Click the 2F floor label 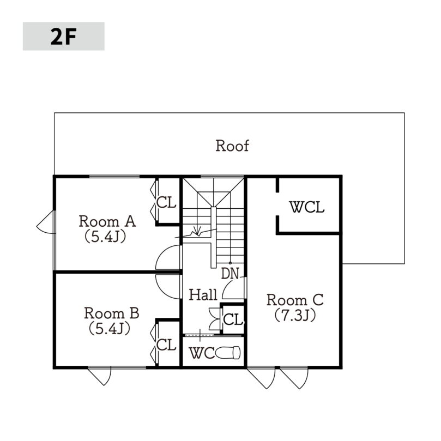[x=64, y=37]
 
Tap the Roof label [x=232, y=146]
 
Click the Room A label [x=107, y=221]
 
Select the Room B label [x=111, y=313]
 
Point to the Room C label [x=295, y=300]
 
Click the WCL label [x=307, y=207]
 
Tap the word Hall [x=203, y=295]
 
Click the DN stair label [x=230, y=274]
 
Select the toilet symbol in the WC [x=228, y=353]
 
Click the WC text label [x=202, y=353]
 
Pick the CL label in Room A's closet [x=166, y=202]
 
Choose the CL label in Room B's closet [x=166, y=345]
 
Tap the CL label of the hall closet [x=233, y=319]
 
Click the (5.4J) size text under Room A [x=105, y=237]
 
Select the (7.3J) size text [x=295, y=315]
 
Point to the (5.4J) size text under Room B [x=110, y=329]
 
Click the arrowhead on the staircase [x=197, y=231]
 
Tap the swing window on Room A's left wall [x=45, y=222]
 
